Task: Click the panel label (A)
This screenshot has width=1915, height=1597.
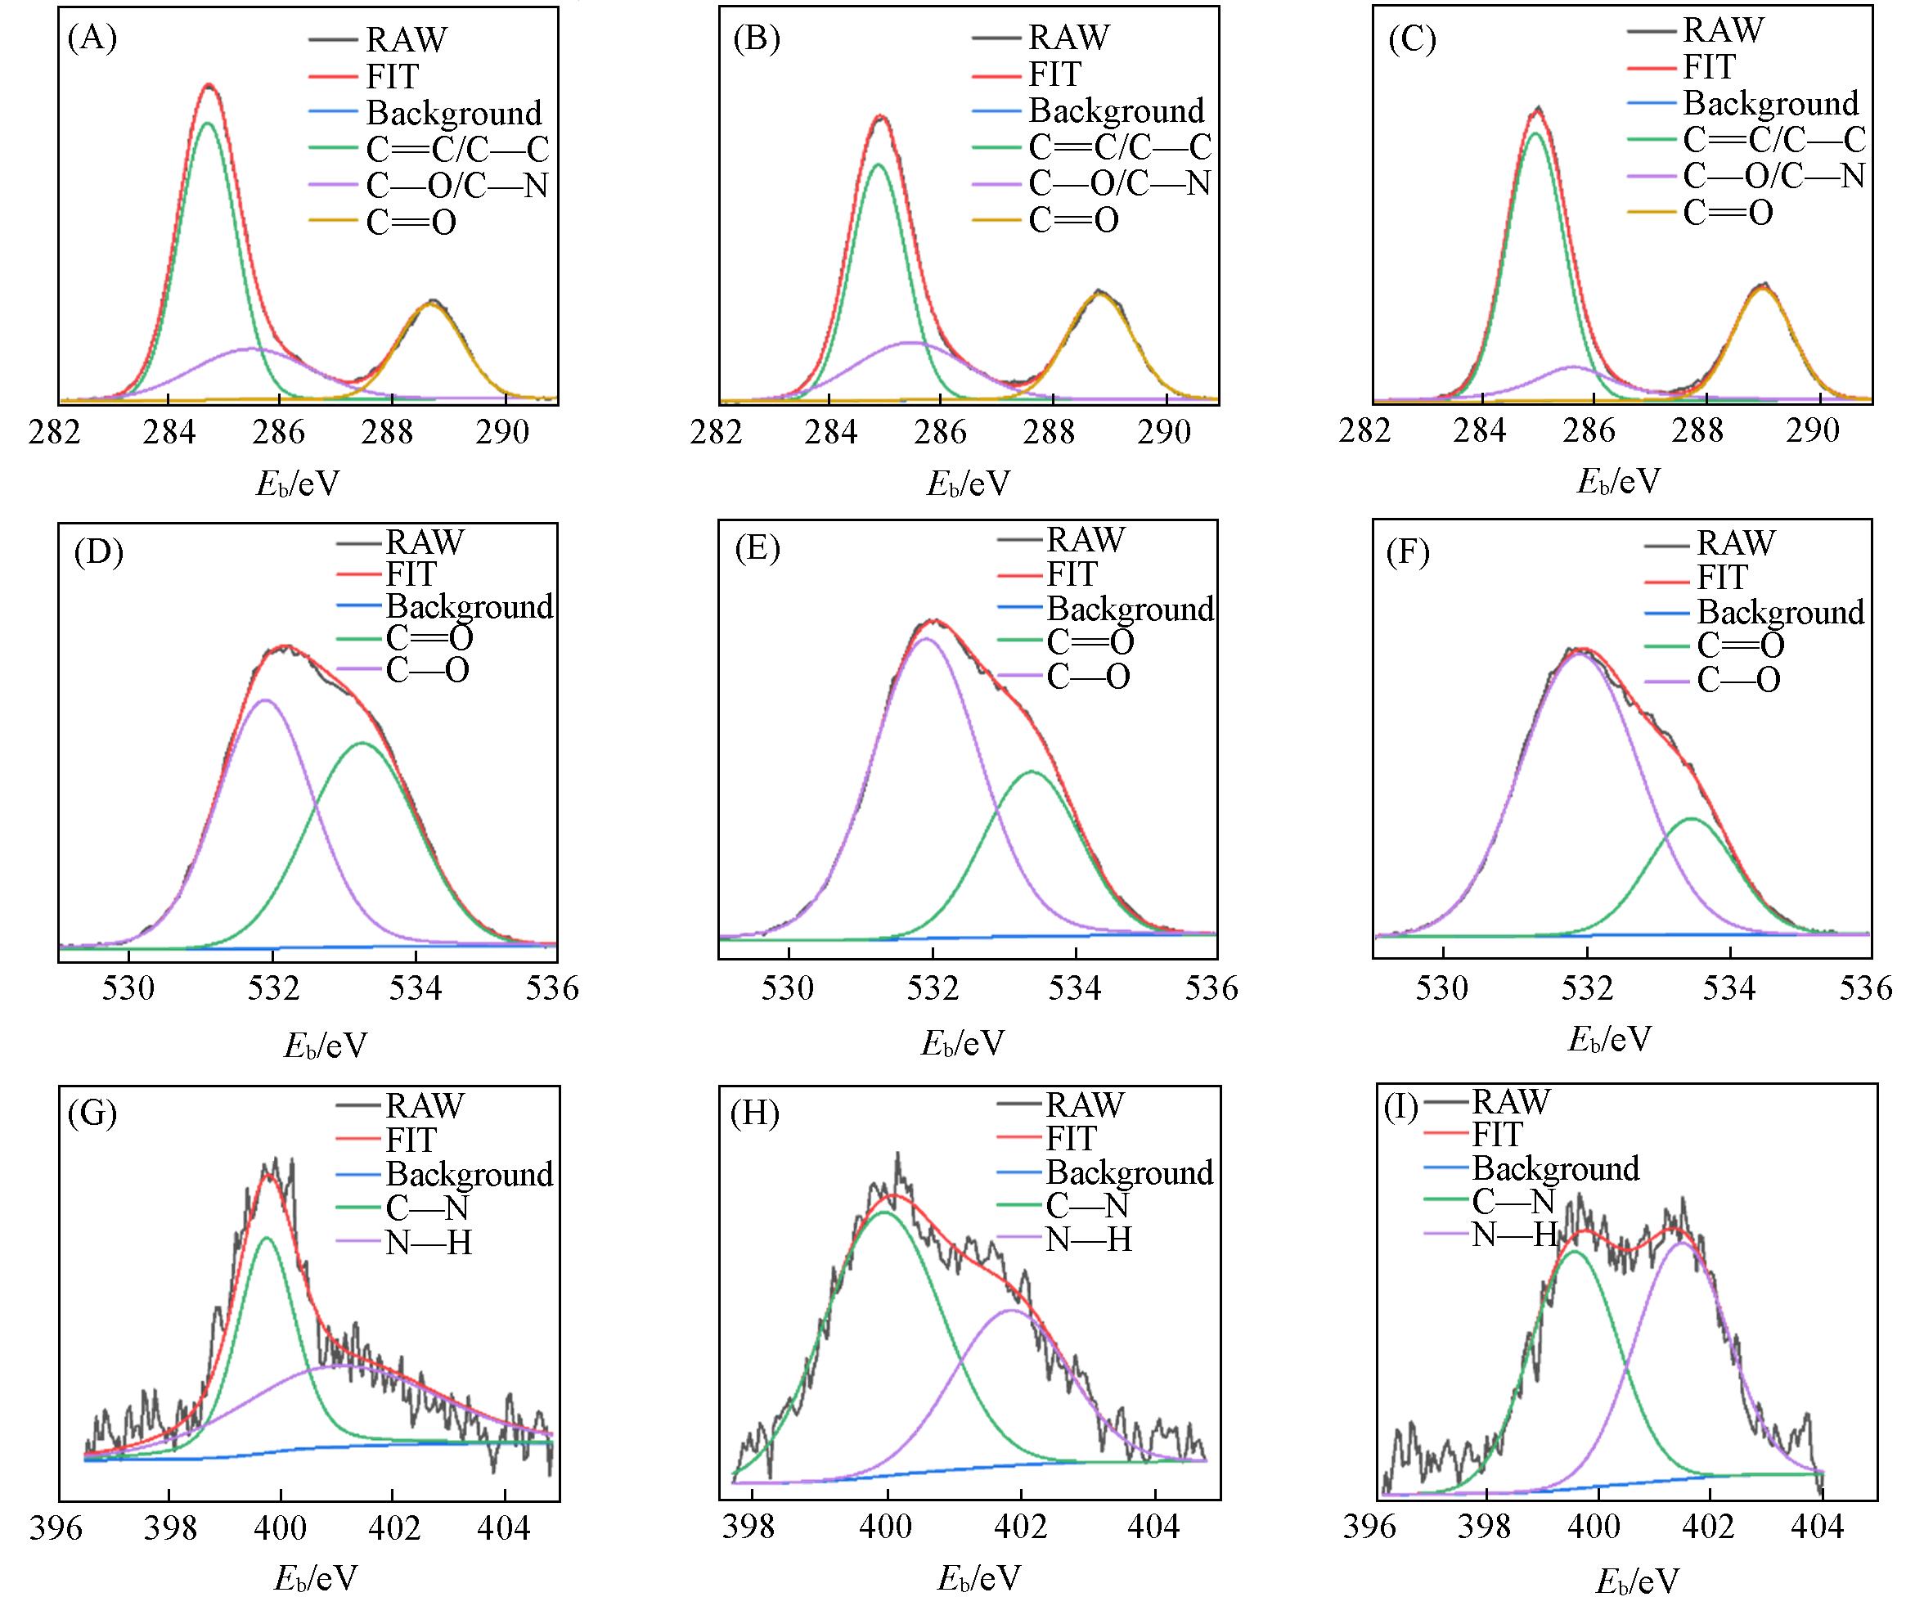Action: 92,39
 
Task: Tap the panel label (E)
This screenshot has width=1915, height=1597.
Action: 756,551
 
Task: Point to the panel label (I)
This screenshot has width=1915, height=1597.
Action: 1400,1107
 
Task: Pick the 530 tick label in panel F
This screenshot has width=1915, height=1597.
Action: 1443,987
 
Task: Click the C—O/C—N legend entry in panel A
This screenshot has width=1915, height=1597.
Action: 456,186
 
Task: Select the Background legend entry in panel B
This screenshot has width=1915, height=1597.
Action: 1116,110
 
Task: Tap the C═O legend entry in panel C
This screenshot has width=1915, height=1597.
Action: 1727,214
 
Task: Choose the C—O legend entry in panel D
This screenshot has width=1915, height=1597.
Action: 427,670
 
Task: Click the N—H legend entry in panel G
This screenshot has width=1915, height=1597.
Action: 428,1242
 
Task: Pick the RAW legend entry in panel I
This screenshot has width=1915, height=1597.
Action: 1510,1102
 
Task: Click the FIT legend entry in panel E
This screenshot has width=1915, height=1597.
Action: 1072,574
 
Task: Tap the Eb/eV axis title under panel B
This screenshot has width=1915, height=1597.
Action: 969,484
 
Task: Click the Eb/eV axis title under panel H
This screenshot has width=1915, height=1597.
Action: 978,1577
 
